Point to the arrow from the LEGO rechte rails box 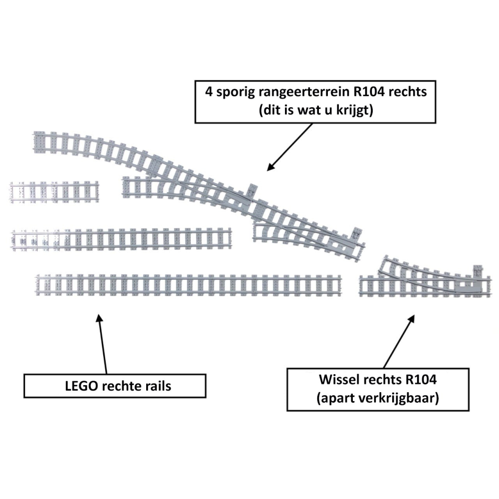[x=102, y=344]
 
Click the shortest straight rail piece [x=54, y=192]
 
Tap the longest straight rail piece [x=189, y=284]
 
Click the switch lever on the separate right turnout [x=478, y=272]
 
